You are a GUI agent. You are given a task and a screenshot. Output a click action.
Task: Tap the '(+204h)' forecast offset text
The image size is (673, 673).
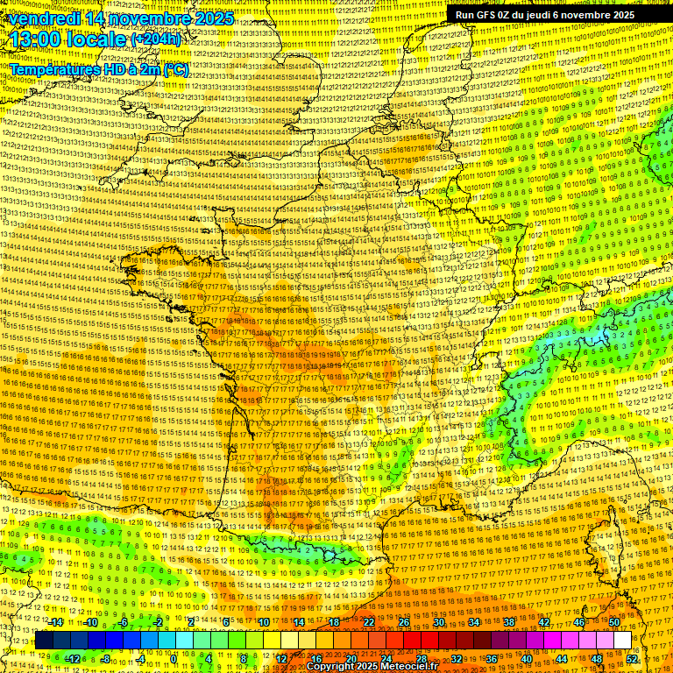155,39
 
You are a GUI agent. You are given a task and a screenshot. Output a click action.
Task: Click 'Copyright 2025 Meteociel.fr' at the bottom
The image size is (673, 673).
372,666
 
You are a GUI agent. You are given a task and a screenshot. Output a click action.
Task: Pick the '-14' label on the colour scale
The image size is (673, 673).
56,622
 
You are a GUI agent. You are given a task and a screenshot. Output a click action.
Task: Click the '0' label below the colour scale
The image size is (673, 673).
174,659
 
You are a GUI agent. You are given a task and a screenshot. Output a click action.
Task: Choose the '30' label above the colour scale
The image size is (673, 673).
438,622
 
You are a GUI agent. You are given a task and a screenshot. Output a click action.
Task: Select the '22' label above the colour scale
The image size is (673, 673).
369,622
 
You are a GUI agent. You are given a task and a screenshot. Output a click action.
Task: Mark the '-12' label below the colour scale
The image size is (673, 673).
73,659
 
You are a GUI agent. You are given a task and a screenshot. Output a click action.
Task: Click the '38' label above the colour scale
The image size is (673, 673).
508,622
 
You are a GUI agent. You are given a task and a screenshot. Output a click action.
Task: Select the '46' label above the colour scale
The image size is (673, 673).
578,622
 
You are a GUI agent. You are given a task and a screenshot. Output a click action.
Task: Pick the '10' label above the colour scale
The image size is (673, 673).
263,622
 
